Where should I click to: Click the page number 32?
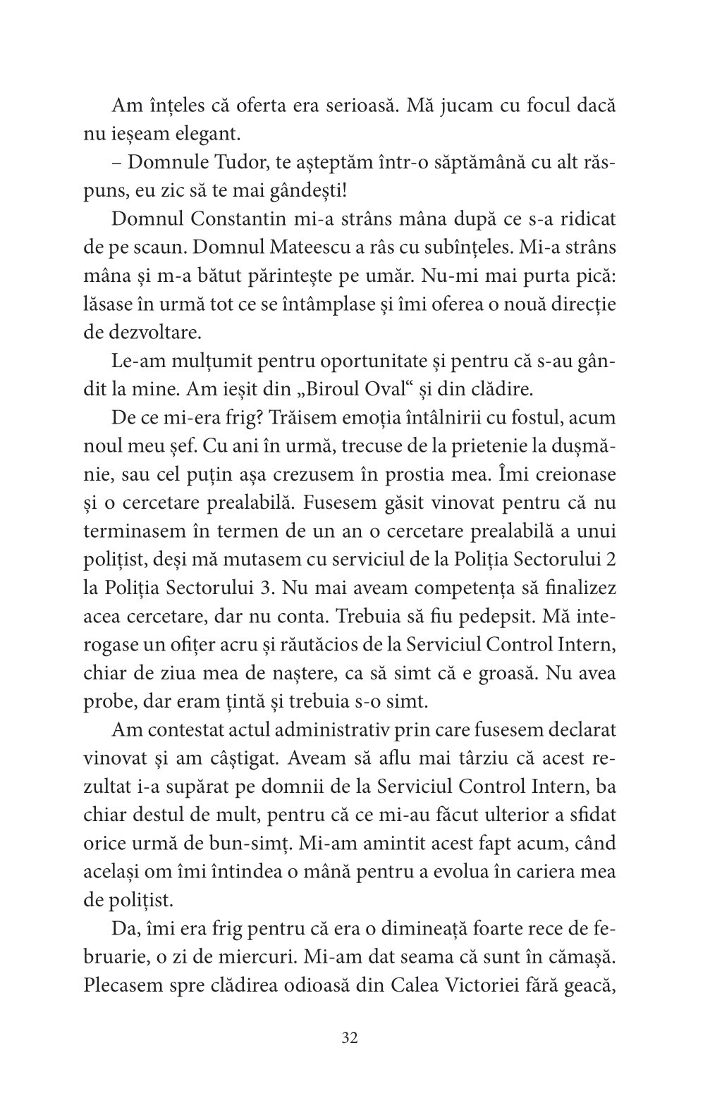(x=350, y=1038)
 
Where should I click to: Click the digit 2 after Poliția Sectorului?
(x=610, y=560)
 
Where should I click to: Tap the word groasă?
(x=515, y=673)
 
